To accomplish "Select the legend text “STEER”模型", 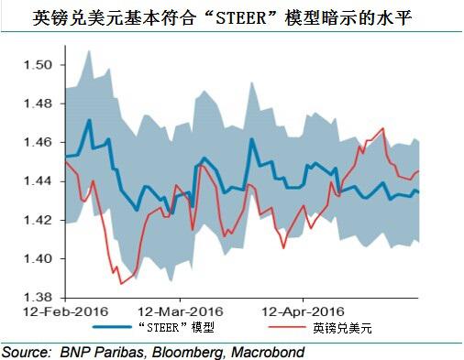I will pyautogui.click(x=179, y=328).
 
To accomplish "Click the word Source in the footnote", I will pyautogui.click(x=25, y=351).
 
